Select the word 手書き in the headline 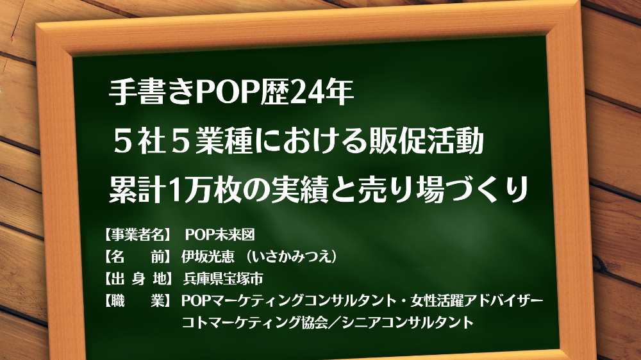pyautogui.click(x=152, y=92)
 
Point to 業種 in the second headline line pyautogui.click(x=224, y=140)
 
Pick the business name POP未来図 pyautogui.click(x=220, y=234)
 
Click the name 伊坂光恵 pyautogui.click(x=208, y=257)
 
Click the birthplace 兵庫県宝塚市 pyautogui.click(x=223, y=279)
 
